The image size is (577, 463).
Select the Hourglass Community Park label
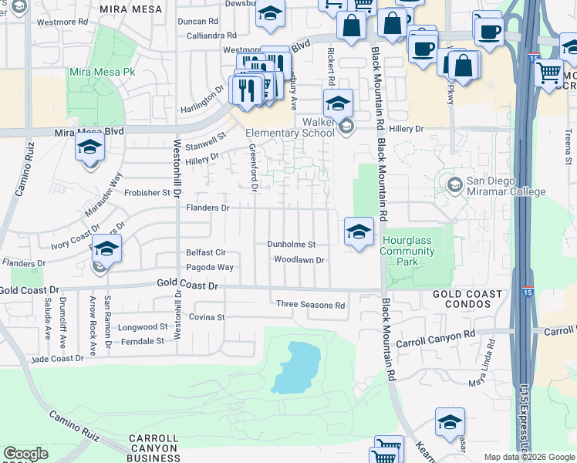(407, 251)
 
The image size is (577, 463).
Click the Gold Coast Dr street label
(188, 286)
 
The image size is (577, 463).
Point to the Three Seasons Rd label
(310, 305)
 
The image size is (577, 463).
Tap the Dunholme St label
(292, 244)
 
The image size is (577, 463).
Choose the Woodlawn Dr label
(299, 260)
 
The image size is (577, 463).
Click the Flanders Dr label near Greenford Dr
(208, 208)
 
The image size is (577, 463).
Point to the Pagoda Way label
(209, 268)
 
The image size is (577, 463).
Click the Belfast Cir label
(205, 252)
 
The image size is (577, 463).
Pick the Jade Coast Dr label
(58, 359)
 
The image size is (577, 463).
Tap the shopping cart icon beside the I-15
(548, 73)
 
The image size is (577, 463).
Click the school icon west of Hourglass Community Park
(358, 231)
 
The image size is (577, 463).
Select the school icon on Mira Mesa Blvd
(89, 147)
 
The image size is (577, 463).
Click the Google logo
(25, 454)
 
